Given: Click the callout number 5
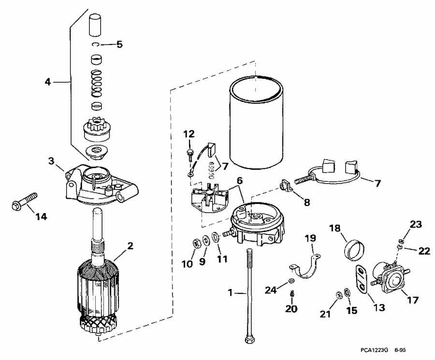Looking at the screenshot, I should (x=118, y=45).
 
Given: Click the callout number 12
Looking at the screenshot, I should (x=188, y=133).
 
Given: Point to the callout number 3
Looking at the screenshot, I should (x=52, y=160).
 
